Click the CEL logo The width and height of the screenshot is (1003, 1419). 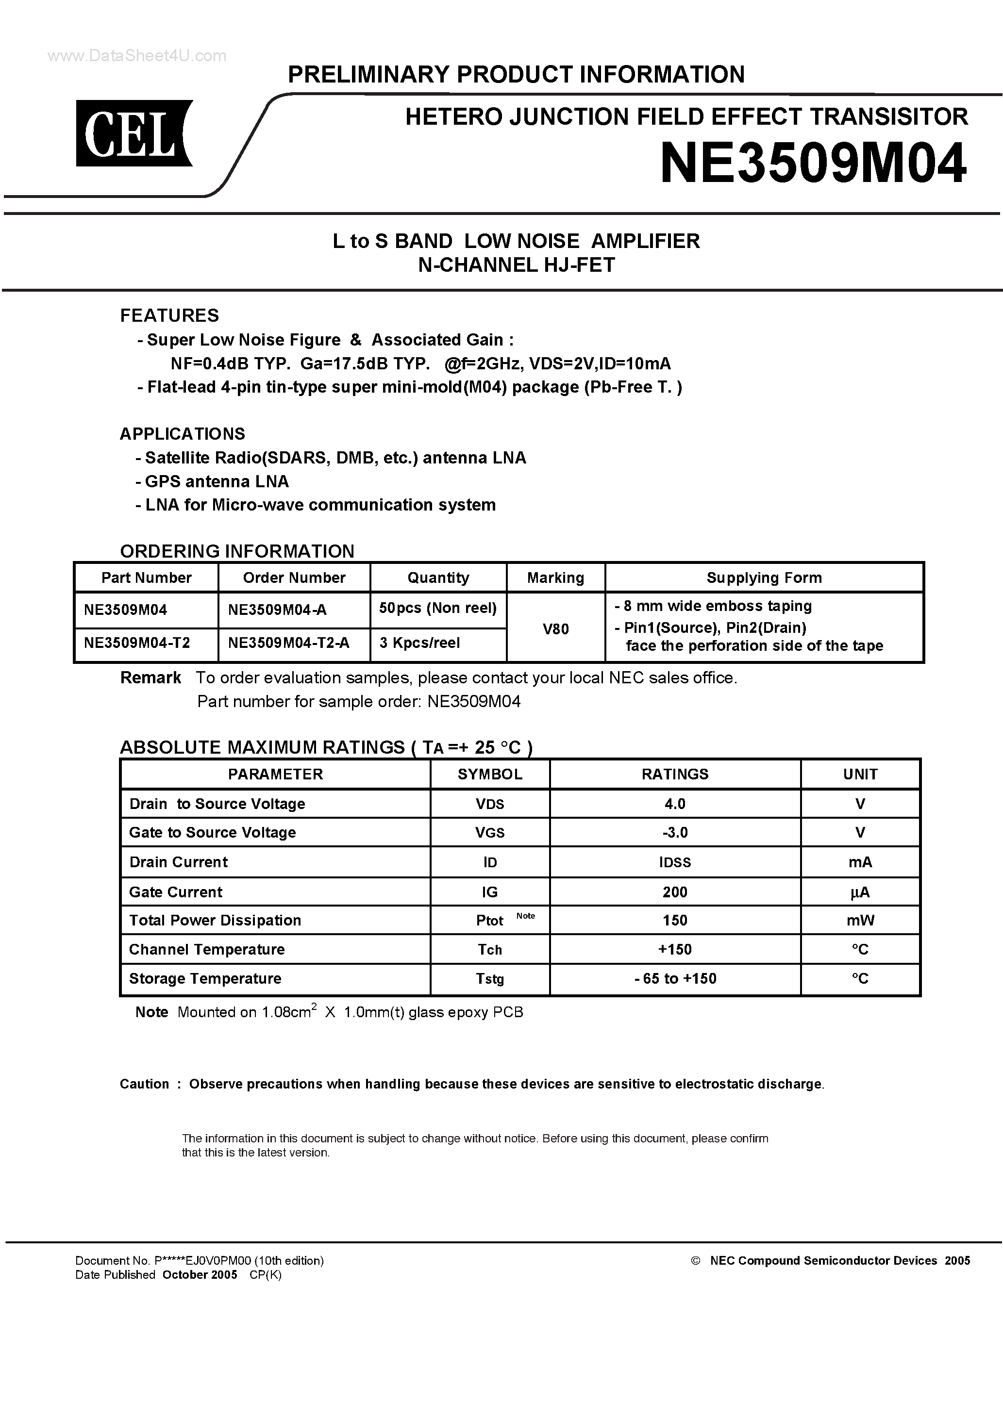134,133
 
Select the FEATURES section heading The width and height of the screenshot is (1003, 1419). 169,316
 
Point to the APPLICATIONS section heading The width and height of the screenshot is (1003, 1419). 183,434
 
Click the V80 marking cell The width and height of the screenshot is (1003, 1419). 555,629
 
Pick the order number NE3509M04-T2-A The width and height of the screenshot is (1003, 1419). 289,643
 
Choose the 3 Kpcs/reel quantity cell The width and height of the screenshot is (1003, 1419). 420,643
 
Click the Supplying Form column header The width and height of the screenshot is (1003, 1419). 764,578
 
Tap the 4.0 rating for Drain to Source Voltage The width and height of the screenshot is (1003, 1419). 675,804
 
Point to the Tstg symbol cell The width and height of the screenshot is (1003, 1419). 490,979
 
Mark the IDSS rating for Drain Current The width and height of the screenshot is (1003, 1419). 675,863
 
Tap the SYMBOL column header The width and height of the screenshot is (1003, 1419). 490,775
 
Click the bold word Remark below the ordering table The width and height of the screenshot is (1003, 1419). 150,678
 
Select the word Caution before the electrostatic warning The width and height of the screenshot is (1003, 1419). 144,1084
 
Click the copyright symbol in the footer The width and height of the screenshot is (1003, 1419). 695,1261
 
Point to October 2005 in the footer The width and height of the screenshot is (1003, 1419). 200,1275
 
